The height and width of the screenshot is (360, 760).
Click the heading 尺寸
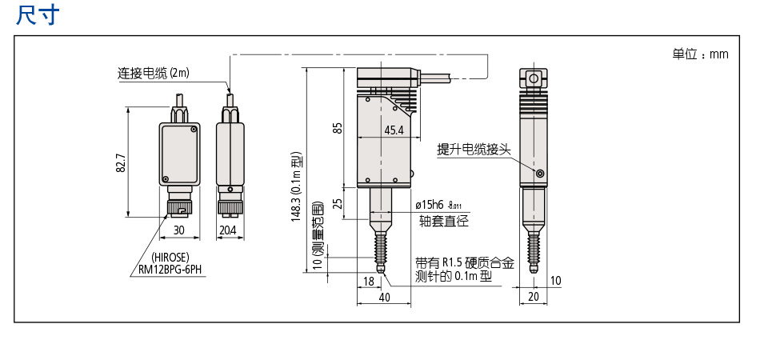pos(37,15)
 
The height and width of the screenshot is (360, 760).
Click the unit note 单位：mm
pos(700,54)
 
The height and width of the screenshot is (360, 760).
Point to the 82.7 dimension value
pos(121,163)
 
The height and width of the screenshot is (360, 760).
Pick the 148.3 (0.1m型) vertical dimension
pos(295,187)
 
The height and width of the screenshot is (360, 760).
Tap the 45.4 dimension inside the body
pos(394,130)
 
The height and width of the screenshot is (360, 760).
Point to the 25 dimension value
pos(338,204)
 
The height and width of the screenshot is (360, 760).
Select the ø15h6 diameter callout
pos(435,206)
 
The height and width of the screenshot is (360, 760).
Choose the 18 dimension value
pos(369,281)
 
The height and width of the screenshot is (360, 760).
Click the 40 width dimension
pos(384,297)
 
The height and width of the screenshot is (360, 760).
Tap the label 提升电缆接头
pos(474,150)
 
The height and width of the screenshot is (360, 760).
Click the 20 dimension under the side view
pos(534,297)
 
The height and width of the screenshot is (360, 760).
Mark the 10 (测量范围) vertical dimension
pos(316,237)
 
